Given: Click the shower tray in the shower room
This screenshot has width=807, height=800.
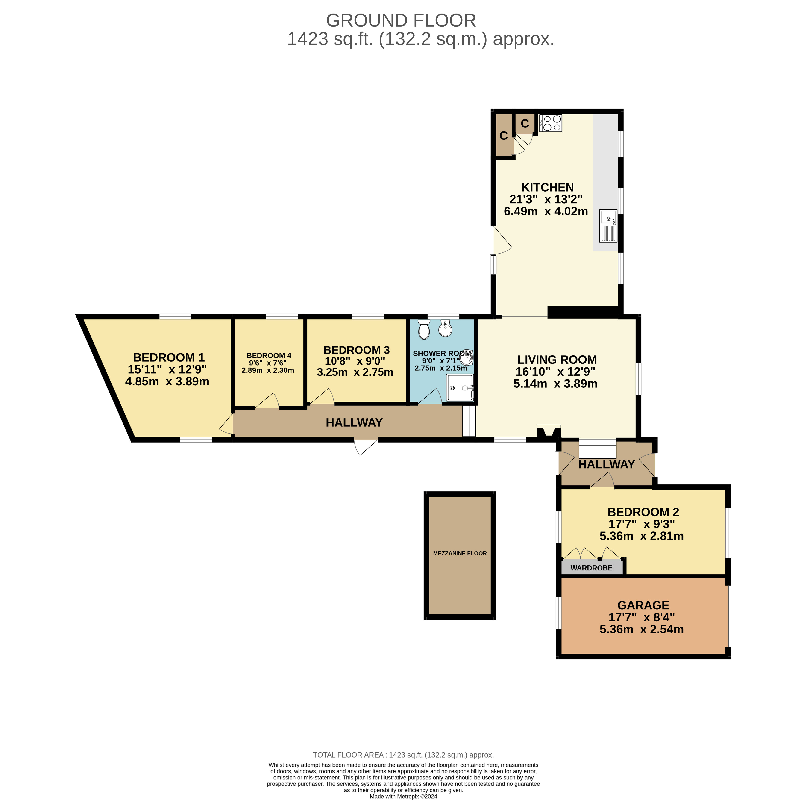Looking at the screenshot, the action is tap(460, 387).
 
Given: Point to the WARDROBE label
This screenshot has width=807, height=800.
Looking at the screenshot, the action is tap(591, 568).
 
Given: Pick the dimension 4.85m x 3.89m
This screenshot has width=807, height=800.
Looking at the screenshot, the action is tap(167, 382).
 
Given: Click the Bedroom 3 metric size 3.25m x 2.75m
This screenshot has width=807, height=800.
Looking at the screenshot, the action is tap(355, 372).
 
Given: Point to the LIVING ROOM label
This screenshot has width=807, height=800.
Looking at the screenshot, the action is tap(557, 360).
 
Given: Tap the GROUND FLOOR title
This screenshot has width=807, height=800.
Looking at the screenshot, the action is tap(401, 21).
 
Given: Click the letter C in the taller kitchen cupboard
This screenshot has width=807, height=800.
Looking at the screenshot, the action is tap(504, 136).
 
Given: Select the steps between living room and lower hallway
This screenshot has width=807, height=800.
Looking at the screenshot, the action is tap(598, 449).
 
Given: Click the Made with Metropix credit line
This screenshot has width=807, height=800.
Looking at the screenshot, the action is tap(404, 796).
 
